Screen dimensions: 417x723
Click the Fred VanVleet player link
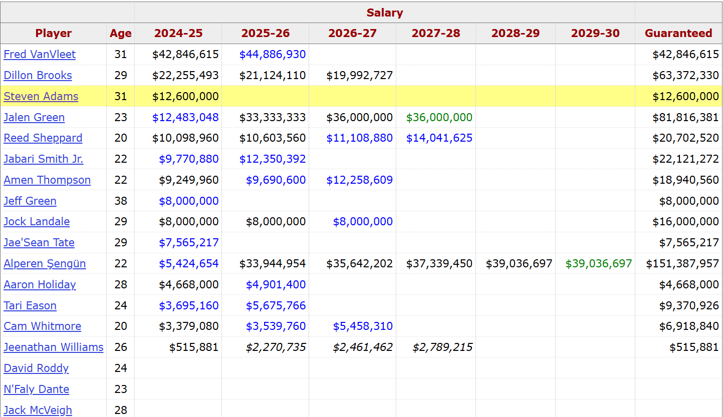pyautogui.click(x=40, y=54)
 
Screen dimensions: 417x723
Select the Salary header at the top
pyautogui.click(x=384, y=13)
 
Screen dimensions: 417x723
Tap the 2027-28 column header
pyautogui.click(x=435, y=34)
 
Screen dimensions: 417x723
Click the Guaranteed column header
pyautogui.click(x=678, y=34)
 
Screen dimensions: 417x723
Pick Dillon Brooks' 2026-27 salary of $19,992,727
pyautogui.click(x=359, y=76)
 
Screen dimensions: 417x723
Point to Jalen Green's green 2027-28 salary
pyautogui.click(x=439, y=118)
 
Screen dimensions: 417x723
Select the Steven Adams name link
pyautogui.click(x=41, y=96)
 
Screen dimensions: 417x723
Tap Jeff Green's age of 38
pyautogui.click(x=121, y=201)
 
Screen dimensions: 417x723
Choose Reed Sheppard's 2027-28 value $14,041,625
pyautogui.click(x=439, y=138)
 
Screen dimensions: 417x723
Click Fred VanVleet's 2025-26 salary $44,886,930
pyautogui.click(x=272, y=54)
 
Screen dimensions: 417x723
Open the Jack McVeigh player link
pyautogui.click(x=38, y=410)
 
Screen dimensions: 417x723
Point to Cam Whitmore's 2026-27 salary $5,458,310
pyautogui.click(x=363, y=326)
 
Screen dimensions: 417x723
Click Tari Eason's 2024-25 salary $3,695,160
pyautogui.click(x=188, y=305)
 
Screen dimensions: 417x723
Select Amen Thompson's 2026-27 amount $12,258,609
pyautogui.click(x=359, y=180)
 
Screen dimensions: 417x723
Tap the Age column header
pyautogui.click(x=121, y=34)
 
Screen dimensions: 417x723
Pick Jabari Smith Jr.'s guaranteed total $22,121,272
pyautogui.click(x=685, y=159)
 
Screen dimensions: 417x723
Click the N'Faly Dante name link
pyautogui.click(x=37, y=389)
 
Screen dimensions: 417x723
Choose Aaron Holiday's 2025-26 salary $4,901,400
pyautogui.click(x=276, y=284)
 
